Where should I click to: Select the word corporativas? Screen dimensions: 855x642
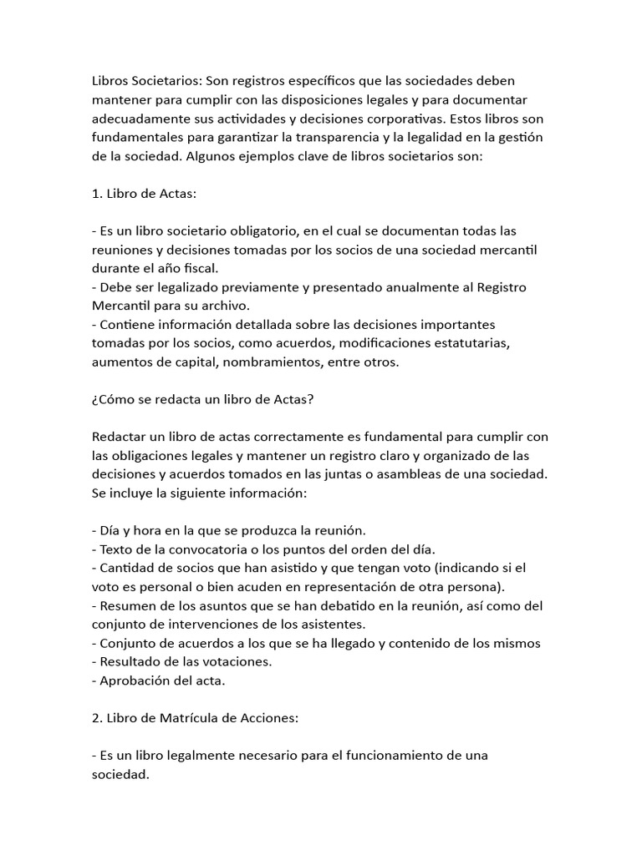426,118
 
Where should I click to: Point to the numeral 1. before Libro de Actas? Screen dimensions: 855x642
97,193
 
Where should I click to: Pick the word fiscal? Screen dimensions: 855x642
196,268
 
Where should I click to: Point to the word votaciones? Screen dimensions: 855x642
227,661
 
